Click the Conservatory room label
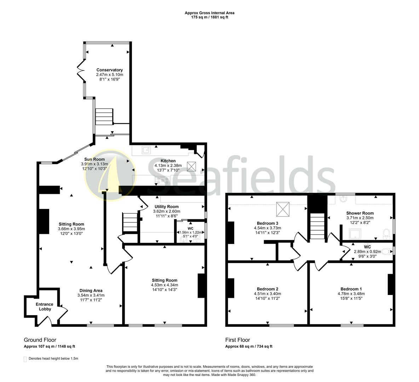click(109, 70)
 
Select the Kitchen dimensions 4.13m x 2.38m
click(168, 166)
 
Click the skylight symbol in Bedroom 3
click(283, 209)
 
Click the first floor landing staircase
click(318, 227)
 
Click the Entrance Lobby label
click(45, 307)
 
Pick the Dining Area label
click(91, 291)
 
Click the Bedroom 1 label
click(351, 289)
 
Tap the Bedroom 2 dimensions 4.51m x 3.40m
click(267, 294)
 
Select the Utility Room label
click(166, 207)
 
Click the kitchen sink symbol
click(146, 150)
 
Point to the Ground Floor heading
click(40, 340)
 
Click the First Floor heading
click(237, 340)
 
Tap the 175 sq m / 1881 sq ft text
click(209, 17)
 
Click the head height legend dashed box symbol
click(25, 359)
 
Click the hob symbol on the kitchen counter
click(162, 179)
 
